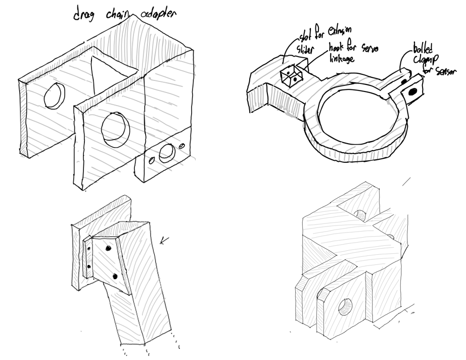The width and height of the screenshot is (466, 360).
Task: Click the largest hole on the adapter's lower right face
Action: [166, 152]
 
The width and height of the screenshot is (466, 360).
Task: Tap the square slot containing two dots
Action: [291, 77]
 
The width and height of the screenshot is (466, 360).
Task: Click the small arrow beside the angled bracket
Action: [164, 241]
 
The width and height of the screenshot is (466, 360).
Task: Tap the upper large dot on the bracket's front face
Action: [108, 249]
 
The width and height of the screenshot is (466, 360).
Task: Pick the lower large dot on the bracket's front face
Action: [115, 276]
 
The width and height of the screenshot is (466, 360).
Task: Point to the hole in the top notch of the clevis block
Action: [360, 215]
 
